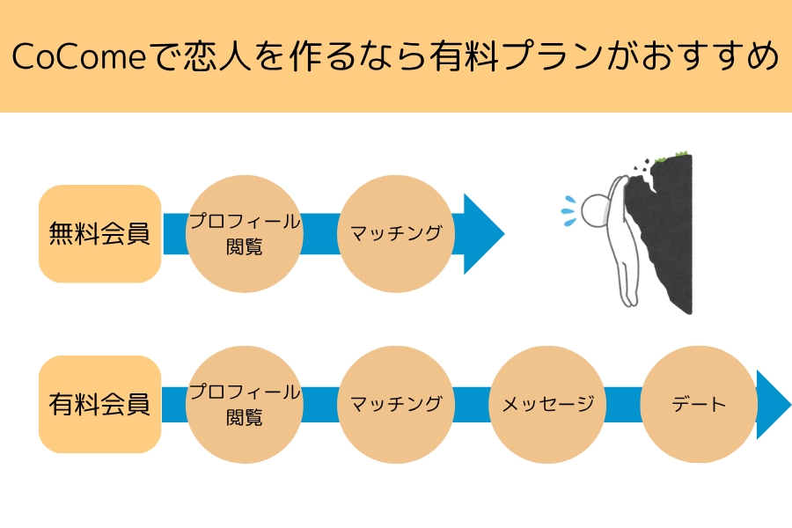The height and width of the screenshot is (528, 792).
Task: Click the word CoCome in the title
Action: point(79,55)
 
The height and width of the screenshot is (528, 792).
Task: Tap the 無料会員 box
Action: point(100,233)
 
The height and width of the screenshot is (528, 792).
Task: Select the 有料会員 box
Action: point(100,404)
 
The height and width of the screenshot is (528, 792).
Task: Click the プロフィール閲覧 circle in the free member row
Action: point(245,234)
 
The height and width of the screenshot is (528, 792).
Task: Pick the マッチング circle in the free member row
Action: point(396,234)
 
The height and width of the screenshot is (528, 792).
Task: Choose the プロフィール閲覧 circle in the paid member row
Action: point(245,405)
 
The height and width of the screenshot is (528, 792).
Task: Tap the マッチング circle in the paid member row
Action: point(396,405)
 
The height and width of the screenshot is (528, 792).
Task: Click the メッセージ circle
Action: point(547,405)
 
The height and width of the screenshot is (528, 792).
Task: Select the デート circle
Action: point(699,405)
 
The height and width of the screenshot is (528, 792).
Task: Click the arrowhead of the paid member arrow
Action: point(774,405)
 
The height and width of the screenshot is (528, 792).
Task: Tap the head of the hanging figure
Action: point(596,210)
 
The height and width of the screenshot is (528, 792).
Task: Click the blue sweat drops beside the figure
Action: point(569,210)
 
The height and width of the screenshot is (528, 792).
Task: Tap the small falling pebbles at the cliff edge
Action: point(641,165)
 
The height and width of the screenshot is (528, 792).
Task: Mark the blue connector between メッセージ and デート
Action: point(623,405)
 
